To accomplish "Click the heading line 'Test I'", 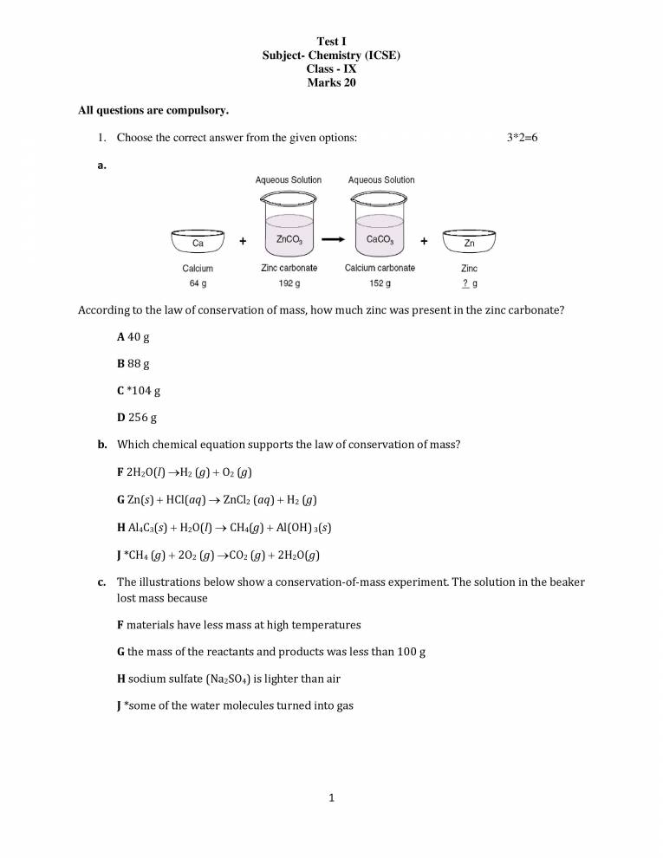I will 331,42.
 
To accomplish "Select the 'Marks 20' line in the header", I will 331,83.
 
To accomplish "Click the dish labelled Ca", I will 198,242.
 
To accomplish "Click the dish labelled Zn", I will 469,242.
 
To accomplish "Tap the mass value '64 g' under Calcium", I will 198,283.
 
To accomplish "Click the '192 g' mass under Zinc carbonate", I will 289,283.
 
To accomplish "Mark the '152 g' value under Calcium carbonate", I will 380,283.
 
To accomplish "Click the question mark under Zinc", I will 465,283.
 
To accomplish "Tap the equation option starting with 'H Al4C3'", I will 238,527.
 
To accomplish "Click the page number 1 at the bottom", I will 331,798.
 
